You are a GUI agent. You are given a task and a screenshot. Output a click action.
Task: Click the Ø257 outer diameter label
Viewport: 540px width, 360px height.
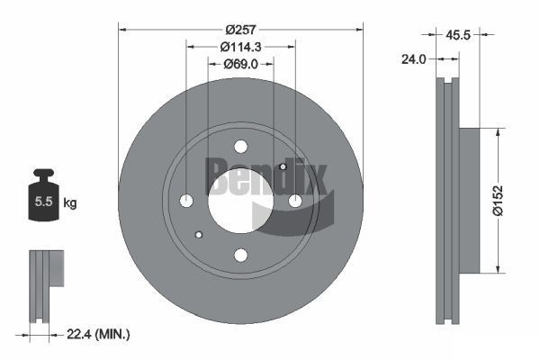tap(239, 29)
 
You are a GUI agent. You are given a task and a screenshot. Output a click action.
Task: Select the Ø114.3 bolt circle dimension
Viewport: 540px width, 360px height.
tap(239, 47)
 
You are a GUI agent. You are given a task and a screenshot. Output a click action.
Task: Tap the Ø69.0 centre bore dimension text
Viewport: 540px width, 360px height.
tap(239, 64)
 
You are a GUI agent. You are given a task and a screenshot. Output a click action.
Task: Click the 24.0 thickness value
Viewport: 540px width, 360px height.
tap(413, 59)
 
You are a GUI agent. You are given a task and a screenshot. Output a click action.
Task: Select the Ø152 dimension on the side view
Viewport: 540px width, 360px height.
tap(509, 199)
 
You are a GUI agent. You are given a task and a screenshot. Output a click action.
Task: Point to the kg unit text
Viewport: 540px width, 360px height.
tap(70, 203)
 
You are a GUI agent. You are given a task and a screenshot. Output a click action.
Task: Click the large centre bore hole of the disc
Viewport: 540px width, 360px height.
tap(239, 200)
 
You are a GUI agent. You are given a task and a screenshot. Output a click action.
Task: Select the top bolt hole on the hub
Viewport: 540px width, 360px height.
tap(239, 147)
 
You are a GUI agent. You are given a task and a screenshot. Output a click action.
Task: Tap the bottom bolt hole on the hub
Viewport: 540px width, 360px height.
tap(239, 254)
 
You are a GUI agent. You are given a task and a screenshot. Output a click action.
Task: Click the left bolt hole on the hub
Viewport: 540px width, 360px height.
tap(186, 200)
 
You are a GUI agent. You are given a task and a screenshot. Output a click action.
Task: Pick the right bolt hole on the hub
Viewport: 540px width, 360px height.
tap(293, 200)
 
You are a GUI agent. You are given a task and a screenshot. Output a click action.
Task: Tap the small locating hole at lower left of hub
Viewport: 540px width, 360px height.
tap(198, 233)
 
